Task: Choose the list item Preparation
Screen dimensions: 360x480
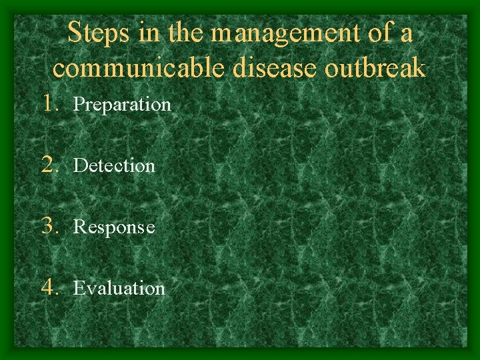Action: tap(122, 105)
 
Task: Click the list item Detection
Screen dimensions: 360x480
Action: tap(114, 165)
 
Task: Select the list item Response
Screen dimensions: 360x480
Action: tap(114, 227)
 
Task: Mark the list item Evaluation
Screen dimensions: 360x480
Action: tap(119, 288)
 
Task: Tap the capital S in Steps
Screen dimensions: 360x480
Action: tap(75, 33)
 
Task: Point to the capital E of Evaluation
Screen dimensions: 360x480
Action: tap(78, 288)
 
